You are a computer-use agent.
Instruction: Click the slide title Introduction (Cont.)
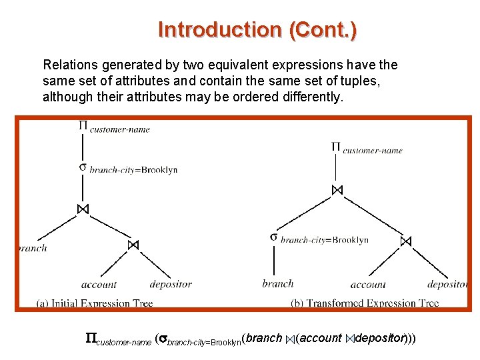pos(257,30)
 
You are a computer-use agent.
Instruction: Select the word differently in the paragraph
pos(313,96)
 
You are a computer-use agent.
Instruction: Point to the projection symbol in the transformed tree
pos(336,147)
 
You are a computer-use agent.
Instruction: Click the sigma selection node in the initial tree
pos(83,167)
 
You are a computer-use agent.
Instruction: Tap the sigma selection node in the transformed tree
pos(274,237)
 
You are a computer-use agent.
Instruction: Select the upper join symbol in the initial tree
pos(83,209)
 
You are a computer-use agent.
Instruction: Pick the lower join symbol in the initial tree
pos(133,245)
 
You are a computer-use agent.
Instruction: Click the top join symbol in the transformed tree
pos(337,190)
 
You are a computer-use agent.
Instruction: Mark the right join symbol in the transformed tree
pos(406,241)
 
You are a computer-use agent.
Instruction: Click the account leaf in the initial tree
pos(99,284)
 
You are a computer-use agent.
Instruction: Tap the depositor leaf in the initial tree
pos(171,284)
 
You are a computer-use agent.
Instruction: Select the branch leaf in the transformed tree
pos(277,283)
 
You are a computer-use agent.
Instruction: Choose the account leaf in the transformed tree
pos(368,284)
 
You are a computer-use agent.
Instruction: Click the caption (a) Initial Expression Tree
pos(95,303)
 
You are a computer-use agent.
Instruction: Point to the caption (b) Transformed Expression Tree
pos(365,303)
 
